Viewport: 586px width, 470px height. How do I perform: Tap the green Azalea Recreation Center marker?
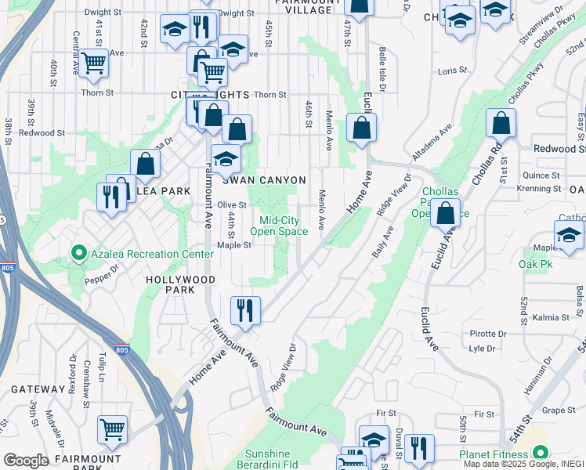[x=78, y=253]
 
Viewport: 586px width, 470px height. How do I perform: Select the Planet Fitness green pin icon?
[x=541, y=453]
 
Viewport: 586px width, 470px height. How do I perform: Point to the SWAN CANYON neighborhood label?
[x=264, y=180]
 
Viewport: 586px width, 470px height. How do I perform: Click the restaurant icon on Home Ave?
[x=245, y=310]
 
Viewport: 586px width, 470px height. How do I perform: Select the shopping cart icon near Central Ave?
[x=93, y=62]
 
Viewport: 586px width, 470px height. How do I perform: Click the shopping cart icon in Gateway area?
[x=112, y=429]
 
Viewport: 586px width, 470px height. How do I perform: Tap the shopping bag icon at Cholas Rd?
[x=501, y=123]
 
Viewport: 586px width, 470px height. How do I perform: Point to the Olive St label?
[x=232, y=205]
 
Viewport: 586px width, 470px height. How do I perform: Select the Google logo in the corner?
[x=26, y=461]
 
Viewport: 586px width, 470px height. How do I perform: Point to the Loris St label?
[x=452, y=70]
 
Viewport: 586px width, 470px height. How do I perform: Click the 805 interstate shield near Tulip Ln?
[x=121, y=349]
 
